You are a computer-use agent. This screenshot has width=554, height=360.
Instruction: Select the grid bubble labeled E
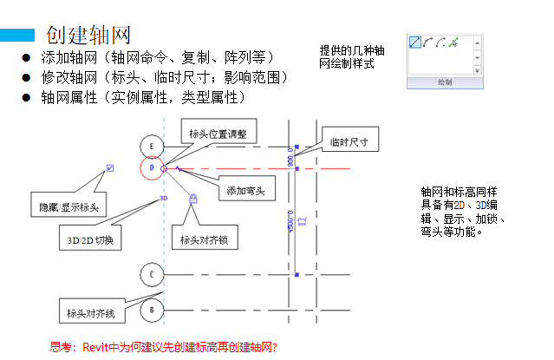[x=152, y=145]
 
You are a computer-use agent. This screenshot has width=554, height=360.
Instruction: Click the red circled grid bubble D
[x=152, y=167]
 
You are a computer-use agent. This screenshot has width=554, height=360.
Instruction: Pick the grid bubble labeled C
[x=152, y=275]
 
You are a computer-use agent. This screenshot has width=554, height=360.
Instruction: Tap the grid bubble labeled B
[x=152, y=309]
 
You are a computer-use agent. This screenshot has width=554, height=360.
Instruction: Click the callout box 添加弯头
[x=245, y=190]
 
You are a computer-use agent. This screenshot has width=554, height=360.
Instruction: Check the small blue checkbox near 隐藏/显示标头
[x=108, y=167]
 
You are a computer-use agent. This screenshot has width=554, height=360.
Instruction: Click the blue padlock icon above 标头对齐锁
[x=192, y=199]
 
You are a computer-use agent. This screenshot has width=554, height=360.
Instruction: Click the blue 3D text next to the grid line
[x=163, y=199]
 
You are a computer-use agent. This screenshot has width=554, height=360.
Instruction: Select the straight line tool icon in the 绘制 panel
[x=415, y=42]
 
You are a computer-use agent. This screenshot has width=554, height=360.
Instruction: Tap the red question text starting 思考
[x=164, y=347]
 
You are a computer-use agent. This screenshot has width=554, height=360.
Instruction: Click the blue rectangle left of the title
[x=17, y=35]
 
